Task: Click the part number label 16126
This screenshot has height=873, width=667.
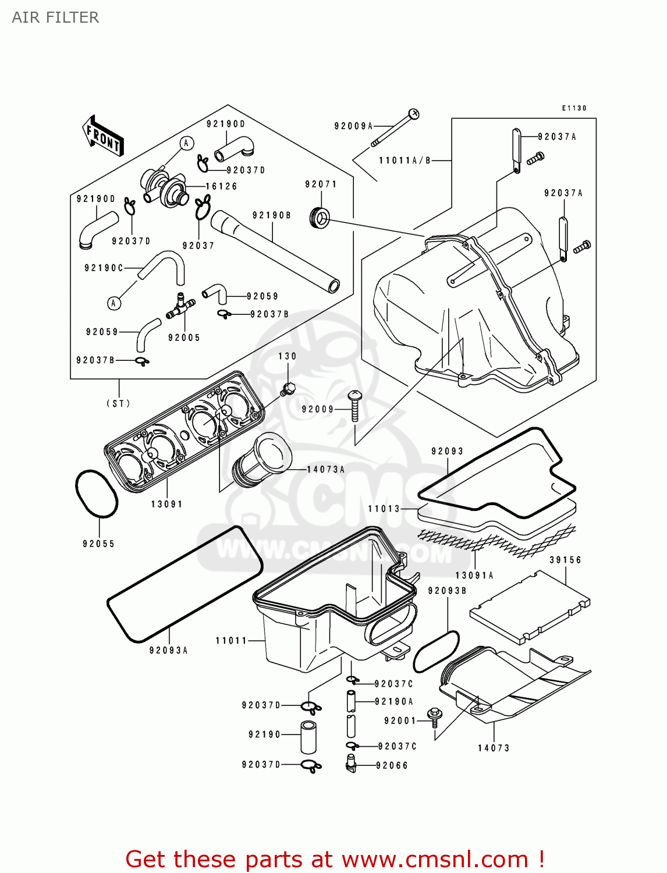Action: (221, 186)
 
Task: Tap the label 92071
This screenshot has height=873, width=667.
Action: (321, 184)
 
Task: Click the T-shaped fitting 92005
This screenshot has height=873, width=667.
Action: (180, 307)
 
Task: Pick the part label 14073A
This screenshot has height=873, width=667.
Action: (326, 469)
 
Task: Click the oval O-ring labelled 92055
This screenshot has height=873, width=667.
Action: (96, 494)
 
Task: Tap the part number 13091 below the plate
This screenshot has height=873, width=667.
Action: (167, 504)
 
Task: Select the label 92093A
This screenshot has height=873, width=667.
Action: (169, 650)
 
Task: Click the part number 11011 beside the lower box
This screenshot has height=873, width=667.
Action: (232, 641)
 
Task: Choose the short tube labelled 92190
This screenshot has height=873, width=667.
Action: (308, 737)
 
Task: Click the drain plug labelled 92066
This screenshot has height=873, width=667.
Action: (350, 763)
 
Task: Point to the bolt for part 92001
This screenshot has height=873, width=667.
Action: (434, 716)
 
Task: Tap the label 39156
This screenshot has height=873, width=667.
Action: (566, 560)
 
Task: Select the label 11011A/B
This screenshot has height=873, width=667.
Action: (405, 161)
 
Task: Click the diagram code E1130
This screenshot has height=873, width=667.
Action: (574, 108)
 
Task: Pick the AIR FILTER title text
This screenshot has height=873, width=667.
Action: (55, 17)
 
